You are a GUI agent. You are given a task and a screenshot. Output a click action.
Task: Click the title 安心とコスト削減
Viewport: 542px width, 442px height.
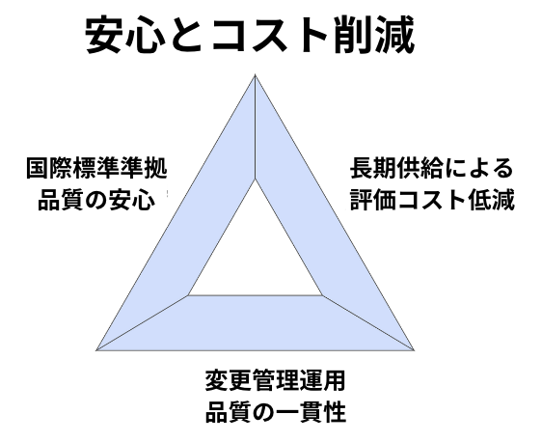click(x=250, y=36)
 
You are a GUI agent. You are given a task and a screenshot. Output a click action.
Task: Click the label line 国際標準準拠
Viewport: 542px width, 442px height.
click(x=96, y=169)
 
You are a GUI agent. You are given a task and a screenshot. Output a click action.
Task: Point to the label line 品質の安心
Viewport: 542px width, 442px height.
click(x=96, y=199)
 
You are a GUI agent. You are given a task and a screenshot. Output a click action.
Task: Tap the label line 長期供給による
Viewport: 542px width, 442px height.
click(x=432, y=169)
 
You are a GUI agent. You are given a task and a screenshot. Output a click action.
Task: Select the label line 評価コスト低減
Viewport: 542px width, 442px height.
click(x=432, y=199)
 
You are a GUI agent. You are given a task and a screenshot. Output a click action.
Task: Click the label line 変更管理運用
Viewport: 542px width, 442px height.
click(x=276, y=380)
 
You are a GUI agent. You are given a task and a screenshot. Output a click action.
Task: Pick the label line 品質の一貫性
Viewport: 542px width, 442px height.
click(x=276, y=411)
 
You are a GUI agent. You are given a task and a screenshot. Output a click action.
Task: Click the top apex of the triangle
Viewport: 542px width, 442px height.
click(x=256, y=74)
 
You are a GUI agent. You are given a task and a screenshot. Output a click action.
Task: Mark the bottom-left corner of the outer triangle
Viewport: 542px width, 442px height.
click(x=96, y=350)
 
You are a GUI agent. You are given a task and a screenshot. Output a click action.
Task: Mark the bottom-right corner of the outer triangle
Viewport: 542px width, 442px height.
click(x=414, y=350)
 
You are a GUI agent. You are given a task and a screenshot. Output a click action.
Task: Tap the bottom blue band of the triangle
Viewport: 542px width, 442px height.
click(x=256, y=323)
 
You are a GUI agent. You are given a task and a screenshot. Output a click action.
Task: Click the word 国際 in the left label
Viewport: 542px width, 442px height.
click(x=50, y=169)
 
